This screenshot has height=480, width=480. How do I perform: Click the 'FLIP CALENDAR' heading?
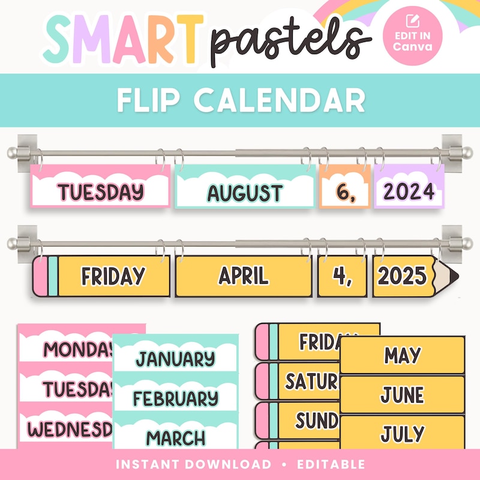[x=240, y=101]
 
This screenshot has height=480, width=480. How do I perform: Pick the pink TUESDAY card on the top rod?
[x=100, y=191]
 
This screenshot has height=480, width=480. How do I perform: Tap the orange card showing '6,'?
[x=344, y=191]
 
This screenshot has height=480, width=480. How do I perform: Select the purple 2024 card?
[x=409, y=191]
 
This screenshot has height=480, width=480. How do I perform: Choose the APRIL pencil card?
[x=243, y=276]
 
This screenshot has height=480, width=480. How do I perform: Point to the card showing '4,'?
[x=341, y=276]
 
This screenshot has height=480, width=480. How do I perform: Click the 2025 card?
[x=400, y=276]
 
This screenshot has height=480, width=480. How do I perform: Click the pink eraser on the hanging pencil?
[x=40, y=276]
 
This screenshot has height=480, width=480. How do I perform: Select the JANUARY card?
[x=175, y=359]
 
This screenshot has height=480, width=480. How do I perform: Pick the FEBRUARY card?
[x=175, y=398]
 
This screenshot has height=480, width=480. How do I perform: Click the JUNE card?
[x=402, y=394]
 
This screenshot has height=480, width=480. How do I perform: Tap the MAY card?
[x=402, y=355]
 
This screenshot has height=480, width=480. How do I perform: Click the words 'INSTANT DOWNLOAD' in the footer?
[x=193, y=464]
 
